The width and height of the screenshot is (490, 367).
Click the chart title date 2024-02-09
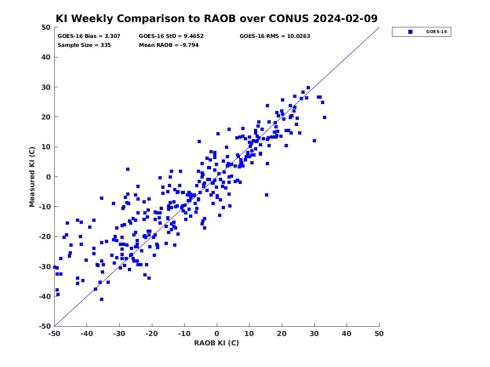pos(345,18)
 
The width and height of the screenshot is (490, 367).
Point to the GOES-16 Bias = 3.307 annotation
pos(89,36)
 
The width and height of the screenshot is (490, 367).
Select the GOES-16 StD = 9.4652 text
pos(171,36)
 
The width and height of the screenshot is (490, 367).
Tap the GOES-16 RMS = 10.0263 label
pos(275,36)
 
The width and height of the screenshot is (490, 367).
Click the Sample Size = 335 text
pos(84,45)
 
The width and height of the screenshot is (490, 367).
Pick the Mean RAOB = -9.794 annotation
pos(169,45)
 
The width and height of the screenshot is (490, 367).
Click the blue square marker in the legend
pos(410,32)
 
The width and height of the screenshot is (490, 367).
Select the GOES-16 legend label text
pos(437,32)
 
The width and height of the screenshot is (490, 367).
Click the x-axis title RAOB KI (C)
pos(216,343)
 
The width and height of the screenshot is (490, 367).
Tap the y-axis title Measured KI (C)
pos(32,177)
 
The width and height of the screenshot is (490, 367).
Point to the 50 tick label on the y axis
pos(46,27)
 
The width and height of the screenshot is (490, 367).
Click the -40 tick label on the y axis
pos(45,296)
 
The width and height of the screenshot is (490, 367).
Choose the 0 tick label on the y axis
pos(49,177)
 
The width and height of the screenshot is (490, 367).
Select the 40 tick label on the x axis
pos(347,334)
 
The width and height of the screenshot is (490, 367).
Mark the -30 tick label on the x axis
pos(119,334)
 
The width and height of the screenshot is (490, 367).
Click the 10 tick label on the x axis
pos(249,334)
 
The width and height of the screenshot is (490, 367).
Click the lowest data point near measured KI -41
pos(102,299)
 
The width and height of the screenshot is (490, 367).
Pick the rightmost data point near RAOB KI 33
pos(325,117)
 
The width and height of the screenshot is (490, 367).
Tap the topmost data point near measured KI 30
pos(308,88)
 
